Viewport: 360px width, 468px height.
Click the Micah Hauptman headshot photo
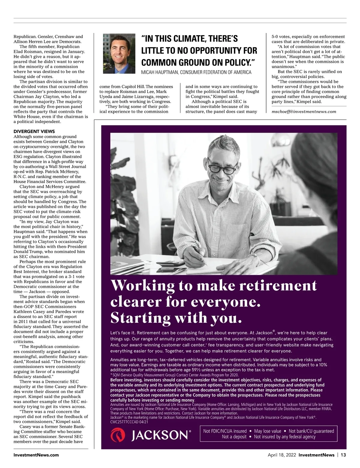[x=119, y=53]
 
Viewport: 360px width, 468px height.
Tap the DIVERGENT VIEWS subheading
[x=34, y=131]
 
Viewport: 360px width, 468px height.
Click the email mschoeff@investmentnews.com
[x=304, y=112]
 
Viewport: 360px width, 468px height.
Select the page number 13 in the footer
[x=343, y=455]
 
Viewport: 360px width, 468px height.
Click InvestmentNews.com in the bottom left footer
[x=36, y=455]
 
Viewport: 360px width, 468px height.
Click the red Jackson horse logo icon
[x=118, y=435]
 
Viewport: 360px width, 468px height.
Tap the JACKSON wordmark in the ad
[x=161, y=435]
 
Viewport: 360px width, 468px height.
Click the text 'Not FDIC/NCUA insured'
[x=225, y=431]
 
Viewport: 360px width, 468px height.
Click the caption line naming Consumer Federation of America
[x=196, y=72]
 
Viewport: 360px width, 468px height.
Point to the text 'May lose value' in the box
[x=268, y=431]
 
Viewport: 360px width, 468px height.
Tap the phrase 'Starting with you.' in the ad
[x=176, y=318]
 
